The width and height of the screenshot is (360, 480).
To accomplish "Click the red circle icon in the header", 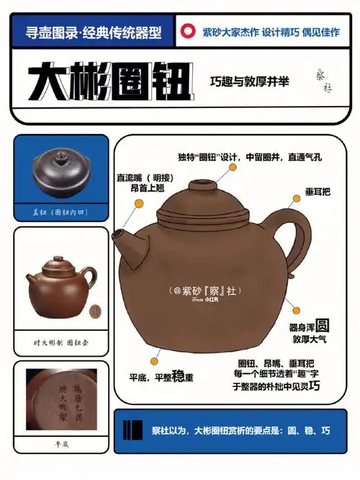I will (188, 31).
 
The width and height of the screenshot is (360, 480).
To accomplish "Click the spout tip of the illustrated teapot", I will (116, 235).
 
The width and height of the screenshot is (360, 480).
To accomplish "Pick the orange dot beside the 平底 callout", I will (153, 360).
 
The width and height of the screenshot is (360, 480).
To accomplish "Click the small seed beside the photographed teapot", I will (93, 311).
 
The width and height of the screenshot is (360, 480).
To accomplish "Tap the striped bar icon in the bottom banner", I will (132, 431).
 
